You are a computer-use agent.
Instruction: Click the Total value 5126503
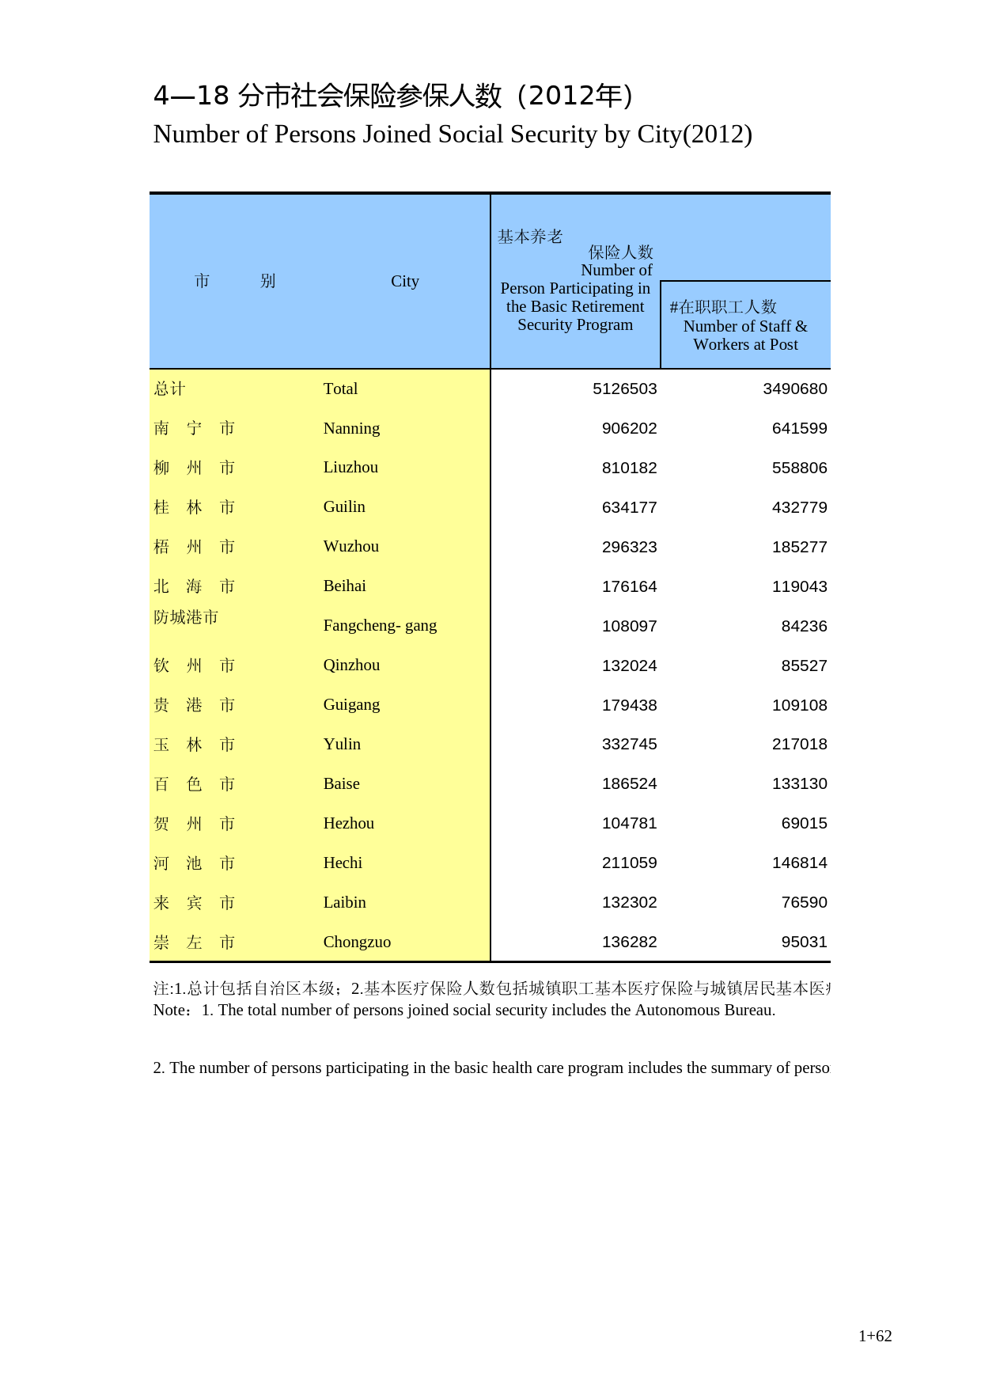[624, 389]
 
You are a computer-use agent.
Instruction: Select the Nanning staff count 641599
[799, 428]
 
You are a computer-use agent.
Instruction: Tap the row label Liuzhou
[350, 467]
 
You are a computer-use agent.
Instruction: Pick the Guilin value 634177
[629, 507]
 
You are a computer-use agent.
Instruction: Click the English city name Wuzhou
[350, 546]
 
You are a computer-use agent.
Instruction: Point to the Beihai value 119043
[799, 586]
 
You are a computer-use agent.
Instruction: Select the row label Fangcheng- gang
[380, 625]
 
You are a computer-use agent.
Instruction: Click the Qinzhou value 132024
[629, 666]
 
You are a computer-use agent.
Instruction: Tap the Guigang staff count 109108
[799, 705]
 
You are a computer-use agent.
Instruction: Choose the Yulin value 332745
[629, 744]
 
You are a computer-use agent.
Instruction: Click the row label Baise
[341, 783]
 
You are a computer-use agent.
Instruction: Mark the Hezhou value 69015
[804, 823]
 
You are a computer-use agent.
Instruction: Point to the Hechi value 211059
[629, 863]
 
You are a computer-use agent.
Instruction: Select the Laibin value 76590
[804, 902]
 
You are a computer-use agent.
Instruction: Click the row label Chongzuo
[357, 942]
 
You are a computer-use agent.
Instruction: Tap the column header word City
[404, 281]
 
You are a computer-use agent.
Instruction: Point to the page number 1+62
[875, 1336]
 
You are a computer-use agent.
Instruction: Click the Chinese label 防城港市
[186, 617]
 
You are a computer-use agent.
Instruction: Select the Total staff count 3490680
[794, 389]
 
